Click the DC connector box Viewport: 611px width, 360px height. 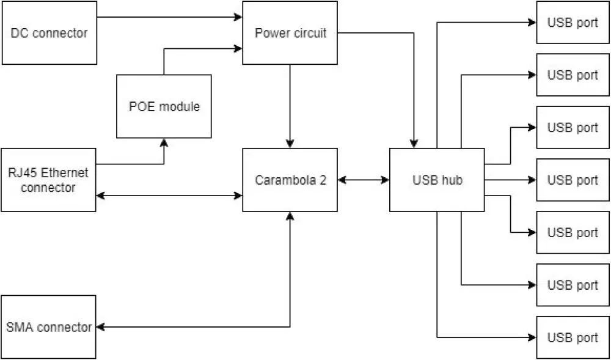pos(49,32)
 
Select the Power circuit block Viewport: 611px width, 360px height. pos(290,32)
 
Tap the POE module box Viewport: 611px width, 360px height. pos(164,106)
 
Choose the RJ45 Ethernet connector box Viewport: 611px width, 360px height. pos(49,180)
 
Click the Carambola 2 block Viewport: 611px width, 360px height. pos(290,180)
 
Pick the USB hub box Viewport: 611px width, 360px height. pos(437,180)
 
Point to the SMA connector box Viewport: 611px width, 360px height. pos(49,327)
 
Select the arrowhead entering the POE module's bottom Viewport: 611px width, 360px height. pos(164,142)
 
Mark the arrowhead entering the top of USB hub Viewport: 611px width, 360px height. pos(414,144)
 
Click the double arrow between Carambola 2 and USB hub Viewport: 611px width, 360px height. pos(364,180)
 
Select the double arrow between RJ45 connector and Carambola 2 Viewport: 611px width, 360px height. pos(169,196)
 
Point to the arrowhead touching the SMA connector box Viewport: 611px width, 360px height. pos(101,327)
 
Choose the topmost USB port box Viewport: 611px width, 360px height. pos(573,23)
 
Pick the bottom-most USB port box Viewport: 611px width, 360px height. pos(573,337)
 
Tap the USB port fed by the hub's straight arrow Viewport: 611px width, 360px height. pos(573,180)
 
